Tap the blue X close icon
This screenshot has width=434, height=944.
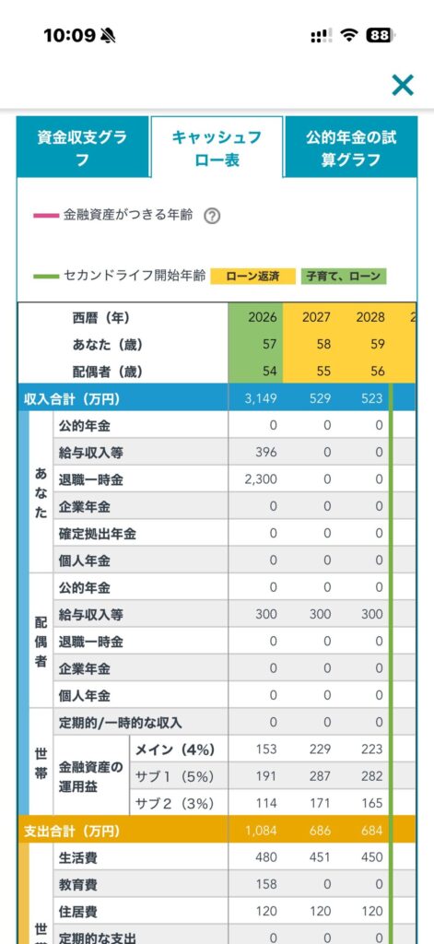402,85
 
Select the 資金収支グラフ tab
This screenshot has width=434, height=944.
82,147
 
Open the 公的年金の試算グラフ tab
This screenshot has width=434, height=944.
351,147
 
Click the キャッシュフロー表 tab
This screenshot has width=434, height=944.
217,147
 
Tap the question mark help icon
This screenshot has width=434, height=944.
211,216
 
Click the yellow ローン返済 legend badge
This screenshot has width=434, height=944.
252,277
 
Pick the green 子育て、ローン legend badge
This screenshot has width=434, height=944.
343,277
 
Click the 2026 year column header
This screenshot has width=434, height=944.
263,317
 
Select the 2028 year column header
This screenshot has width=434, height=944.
370,317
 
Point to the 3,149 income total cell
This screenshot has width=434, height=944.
262,398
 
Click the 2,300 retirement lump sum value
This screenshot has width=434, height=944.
262,479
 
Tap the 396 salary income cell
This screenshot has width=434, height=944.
265,453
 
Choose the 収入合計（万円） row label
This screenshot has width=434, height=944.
72,398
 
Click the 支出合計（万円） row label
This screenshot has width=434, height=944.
72,832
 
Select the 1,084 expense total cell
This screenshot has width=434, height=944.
262,832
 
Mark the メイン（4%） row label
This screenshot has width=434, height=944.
174,749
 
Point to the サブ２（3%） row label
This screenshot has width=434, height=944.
174,803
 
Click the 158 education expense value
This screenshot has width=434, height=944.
265,885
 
